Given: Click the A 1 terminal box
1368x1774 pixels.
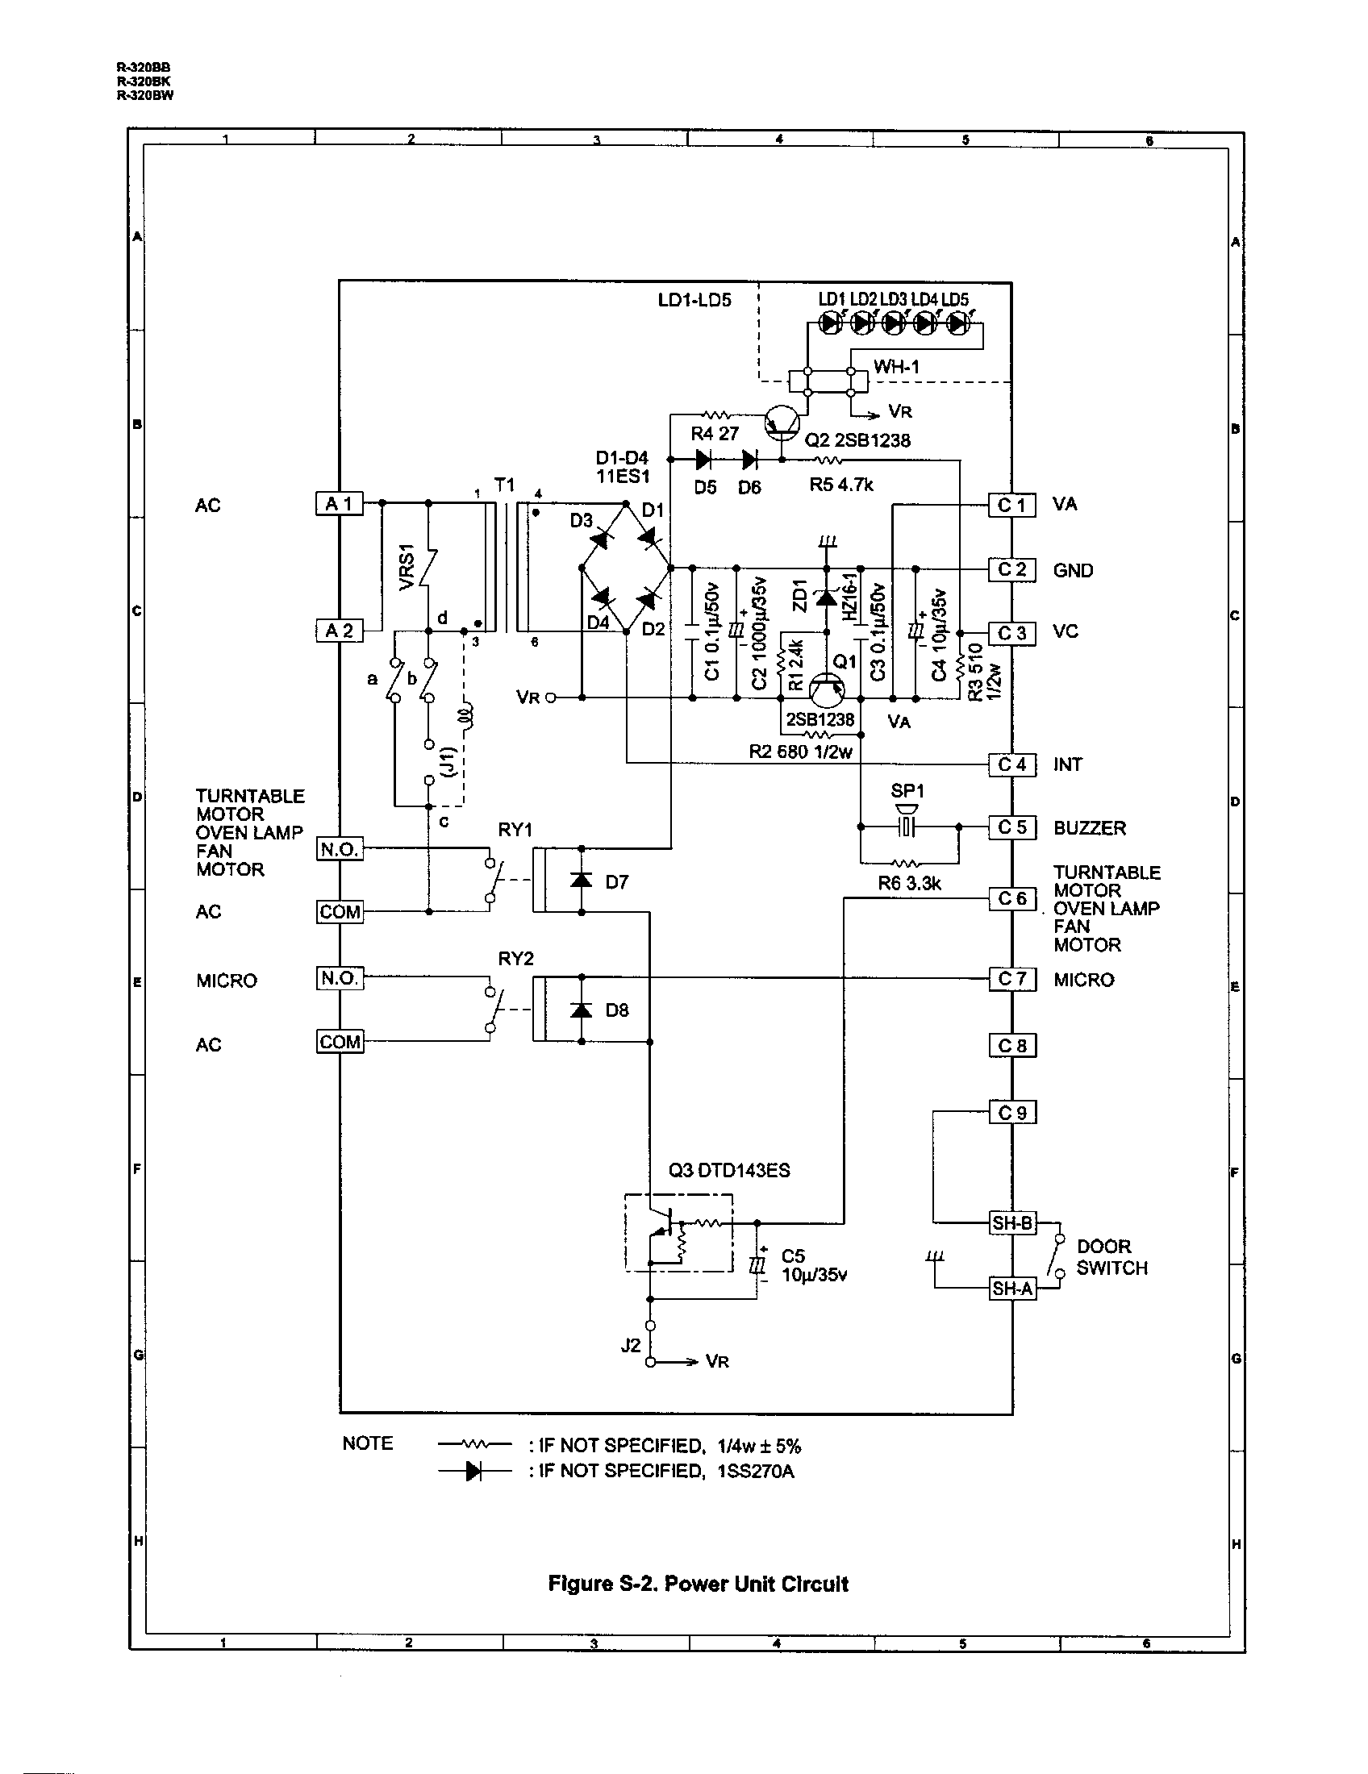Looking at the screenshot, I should pos(339,504).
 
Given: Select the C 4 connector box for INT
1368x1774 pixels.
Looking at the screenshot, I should pos(1011,764).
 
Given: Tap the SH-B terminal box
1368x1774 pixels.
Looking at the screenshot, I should pos(1012,1222).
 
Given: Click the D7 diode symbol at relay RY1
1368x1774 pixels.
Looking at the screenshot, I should pos(581,881).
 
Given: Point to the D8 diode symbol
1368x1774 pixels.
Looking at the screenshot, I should pos(581,1010).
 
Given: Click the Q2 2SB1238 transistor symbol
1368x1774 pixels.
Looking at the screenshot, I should pos(782,422).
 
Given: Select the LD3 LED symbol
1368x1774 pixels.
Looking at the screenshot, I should pos(893,323).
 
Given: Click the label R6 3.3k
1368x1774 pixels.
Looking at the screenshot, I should pos(909,884).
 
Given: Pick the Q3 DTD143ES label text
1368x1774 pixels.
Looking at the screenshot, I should pos(728,1171).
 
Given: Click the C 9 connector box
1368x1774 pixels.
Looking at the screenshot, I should pos(1011,1112).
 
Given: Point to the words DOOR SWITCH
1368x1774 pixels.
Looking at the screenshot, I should pos(1111,1256).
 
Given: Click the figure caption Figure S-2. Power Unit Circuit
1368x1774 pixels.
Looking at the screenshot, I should pos(698,1583).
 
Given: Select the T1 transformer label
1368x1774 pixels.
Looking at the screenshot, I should pos(504,485).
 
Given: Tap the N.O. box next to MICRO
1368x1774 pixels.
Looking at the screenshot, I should pos(340,978).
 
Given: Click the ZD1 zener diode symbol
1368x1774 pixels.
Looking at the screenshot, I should pos(826,598).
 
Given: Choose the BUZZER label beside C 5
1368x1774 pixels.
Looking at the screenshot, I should pos(1090,828).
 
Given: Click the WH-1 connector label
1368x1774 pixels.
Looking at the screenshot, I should pos(896,367).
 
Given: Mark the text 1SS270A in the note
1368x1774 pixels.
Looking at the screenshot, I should pos(755,1471).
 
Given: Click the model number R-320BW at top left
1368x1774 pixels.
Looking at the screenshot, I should pos(144,96).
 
